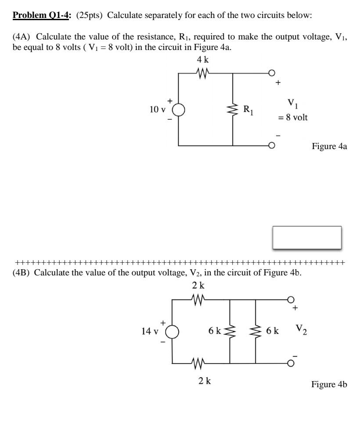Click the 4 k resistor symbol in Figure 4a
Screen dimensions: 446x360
click(202, 73)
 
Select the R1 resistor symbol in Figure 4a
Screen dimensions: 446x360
click(232, 109)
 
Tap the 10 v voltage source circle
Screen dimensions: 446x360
click(178, 109)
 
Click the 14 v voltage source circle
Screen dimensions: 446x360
click(172, 332)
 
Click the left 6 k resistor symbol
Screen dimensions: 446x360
click(230, 332)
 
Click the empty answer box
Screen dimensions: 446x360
click(307, 238)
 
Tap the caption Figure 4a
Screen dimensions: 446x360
click(329, 146)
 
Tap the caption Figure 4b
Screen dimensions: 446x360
click(329, 385)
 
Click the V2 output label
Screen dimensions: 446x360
click(301, 329)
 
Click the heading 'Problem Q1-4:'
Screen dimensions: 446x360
click(42, 16)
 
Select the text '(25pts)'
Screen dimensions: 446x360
click(90, 16)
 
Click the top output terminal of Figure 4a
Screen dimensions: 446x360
click(272, 73)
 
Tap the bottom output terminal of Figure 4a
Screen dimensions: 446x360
click(272, 145)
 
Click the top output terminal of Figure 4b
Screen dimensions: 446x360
click(290, 300)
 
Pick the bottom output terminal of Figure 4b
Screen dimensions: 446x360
click(290, 363)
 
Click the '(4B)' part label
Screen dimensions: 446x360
click(22, 273)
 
